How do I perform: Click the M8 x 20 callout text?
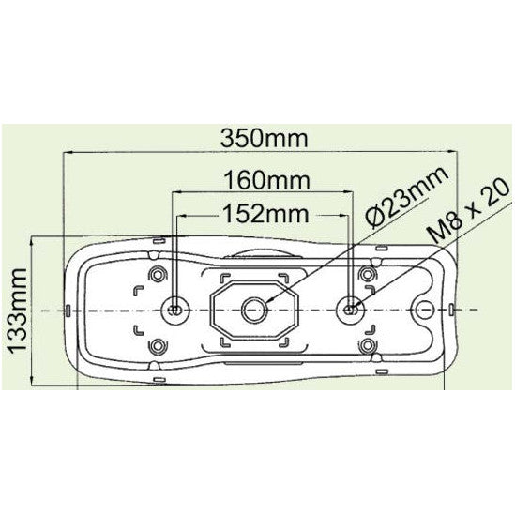point(471,214)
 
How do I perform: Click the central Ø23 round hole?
point(254,308)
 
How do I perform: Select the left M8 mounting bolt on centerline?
point(175,308)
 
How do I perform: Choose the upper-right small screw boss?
point(371,273)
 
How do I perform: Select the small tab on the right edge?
point(453,309)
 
